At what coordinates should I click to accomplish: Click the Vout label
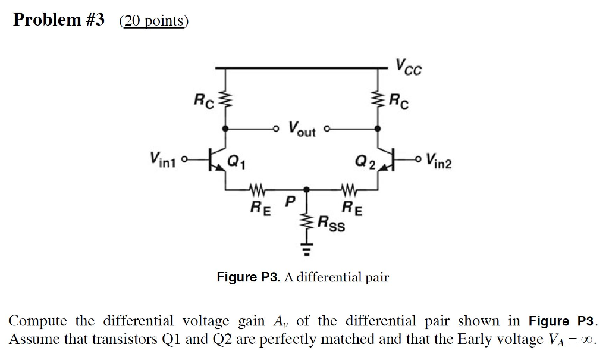coord(302,129)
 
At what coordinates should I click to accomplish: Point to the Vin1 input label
coord(164,159)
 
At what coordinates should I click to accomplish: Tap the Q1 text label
coord(237,159)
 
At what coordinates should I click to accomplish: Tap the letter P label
coord(290,202)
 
